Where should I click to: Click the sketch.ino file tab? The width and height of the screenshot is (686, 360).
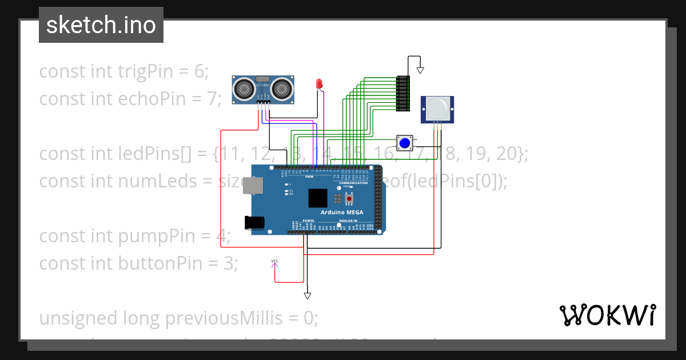coord(101,25)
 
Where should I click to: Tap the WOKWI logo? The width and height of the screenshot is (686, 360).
coord(607,315)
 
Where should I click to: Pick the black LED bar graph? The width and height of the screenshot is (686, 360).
coord(404,93)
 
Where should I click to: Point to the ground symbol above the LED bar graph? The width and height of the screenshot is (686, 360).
coord(420,70)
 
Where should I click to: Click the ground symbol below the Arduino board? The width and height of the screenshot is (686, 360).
coord(308,295)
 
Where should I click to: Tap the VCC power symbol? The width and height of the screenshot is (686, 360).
coord(274,262)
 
